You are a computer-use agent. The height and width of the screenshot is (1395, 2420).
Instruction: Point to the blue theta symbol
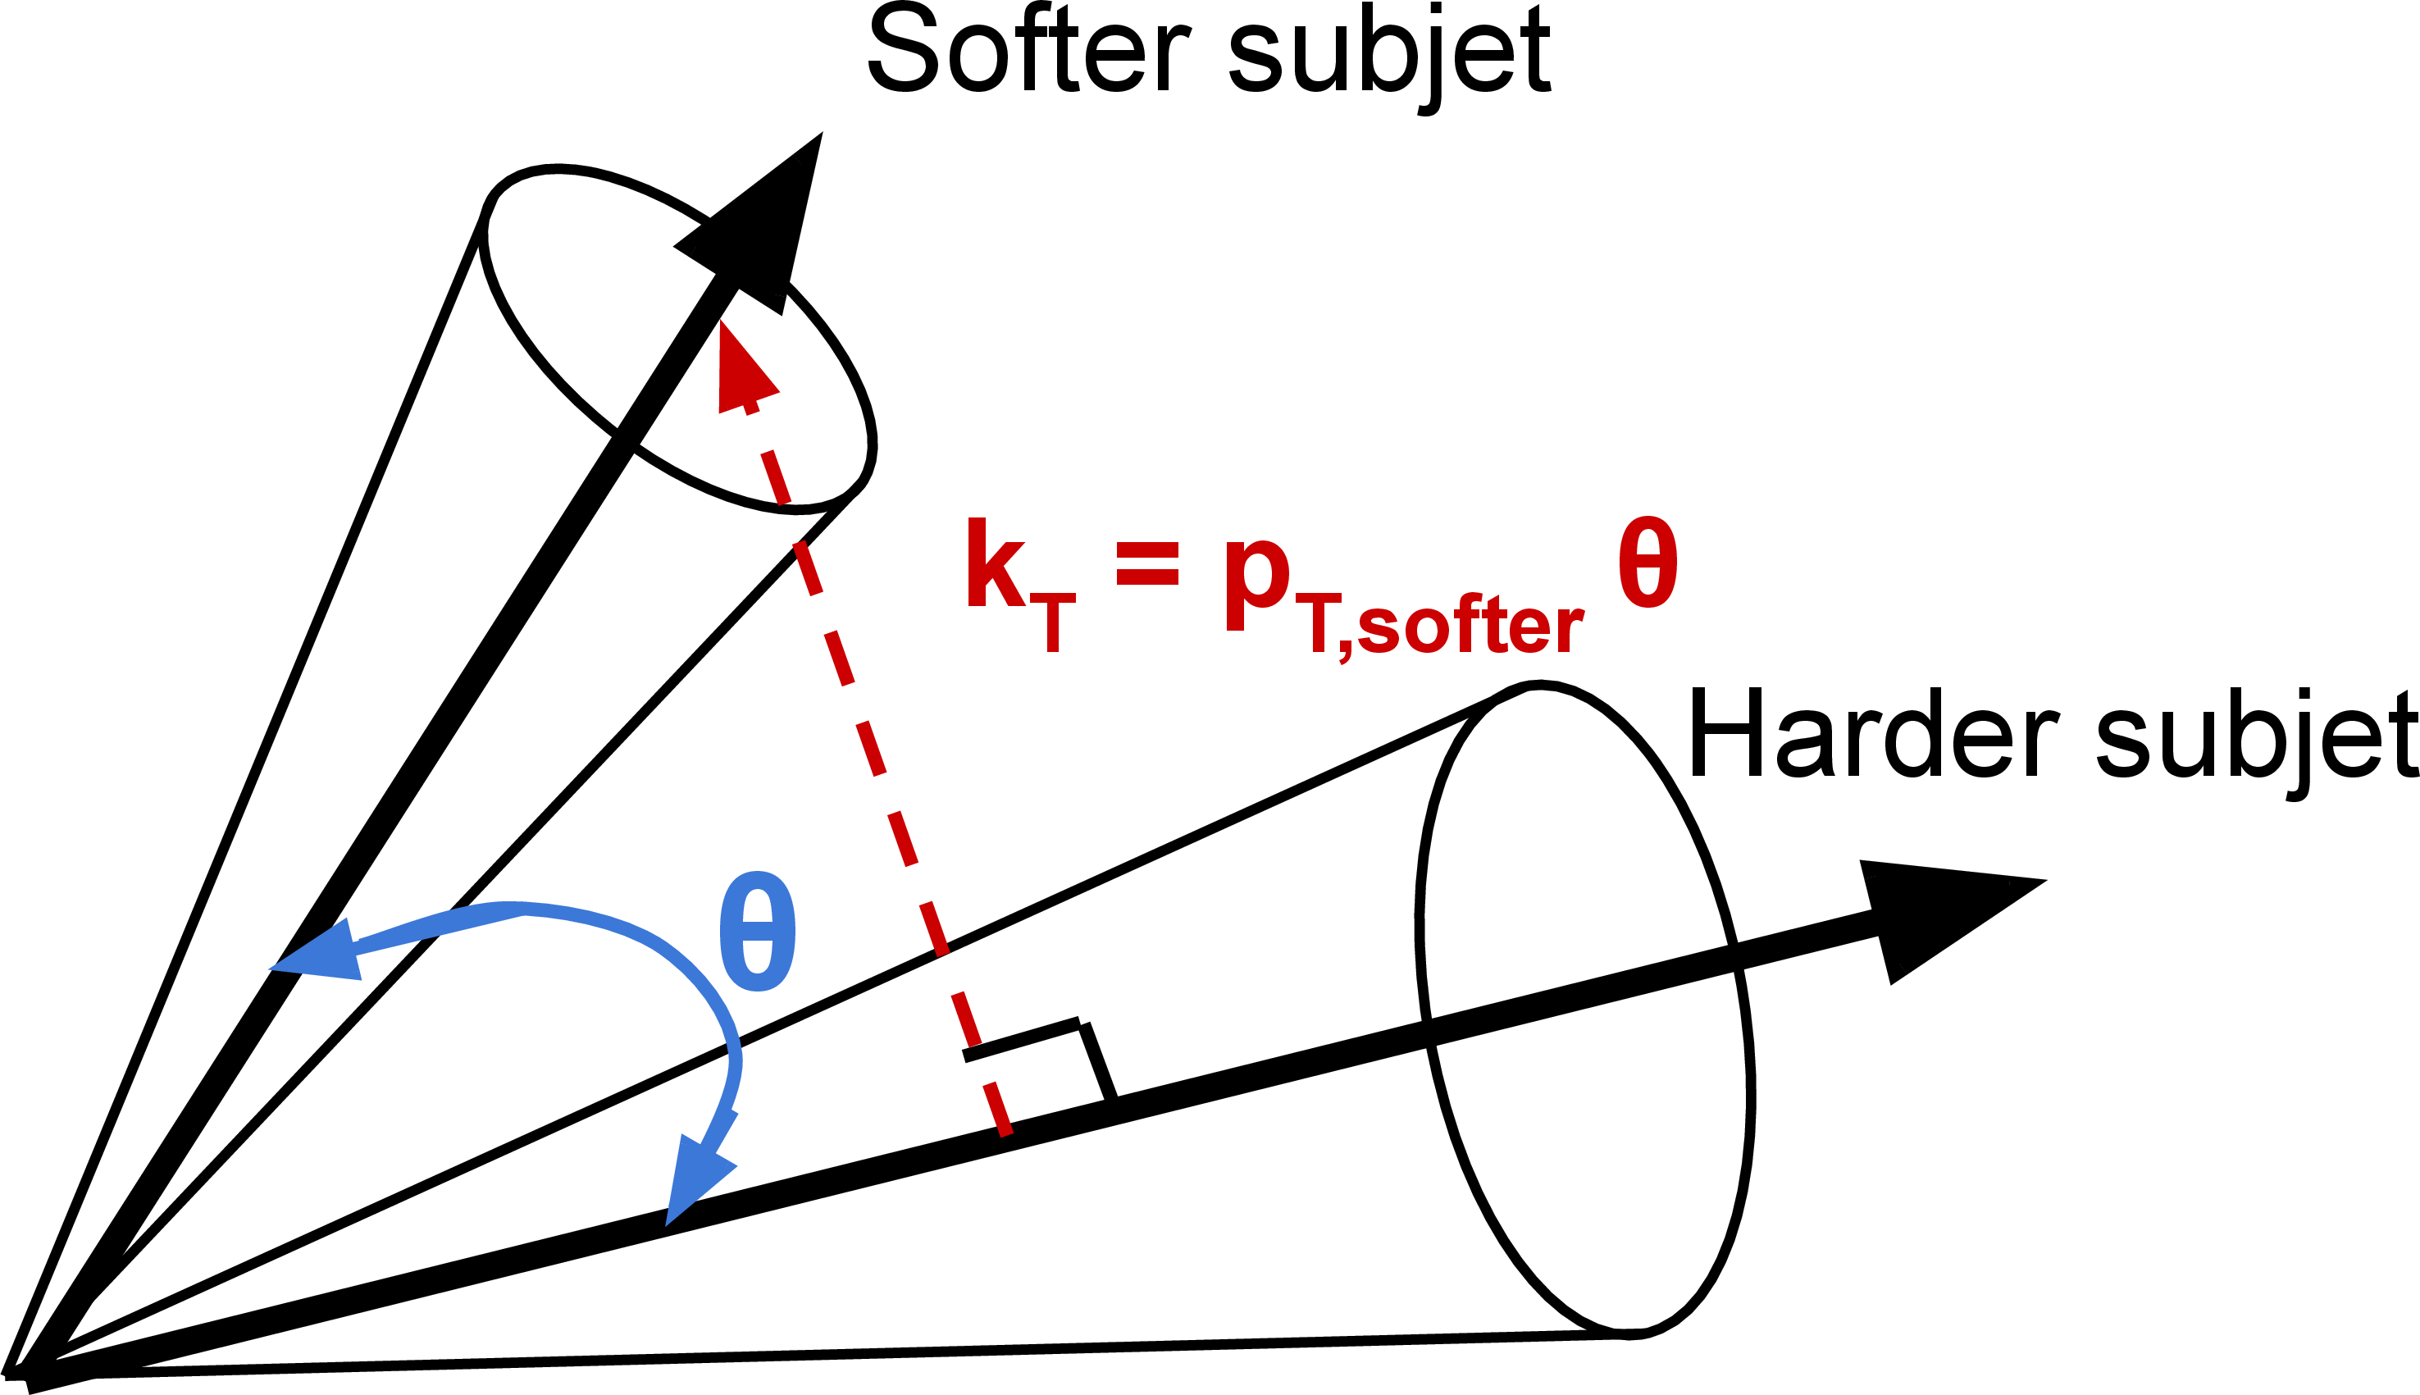(x=757, y=932)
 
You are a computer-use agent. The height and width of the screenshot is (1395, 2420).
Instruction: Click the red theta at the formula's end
(x=1648, y=563)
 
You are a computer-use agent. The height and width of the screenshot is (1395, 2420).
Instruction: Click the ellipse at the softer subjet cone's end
(x=678, y=340)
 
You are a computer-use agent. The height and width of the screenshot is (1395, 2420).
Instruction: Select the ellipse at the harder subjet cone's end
(x=1585, y=1006)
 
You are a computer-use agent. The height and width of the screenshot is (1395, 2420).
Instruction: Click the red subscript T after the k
(x=1052, y=622)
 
